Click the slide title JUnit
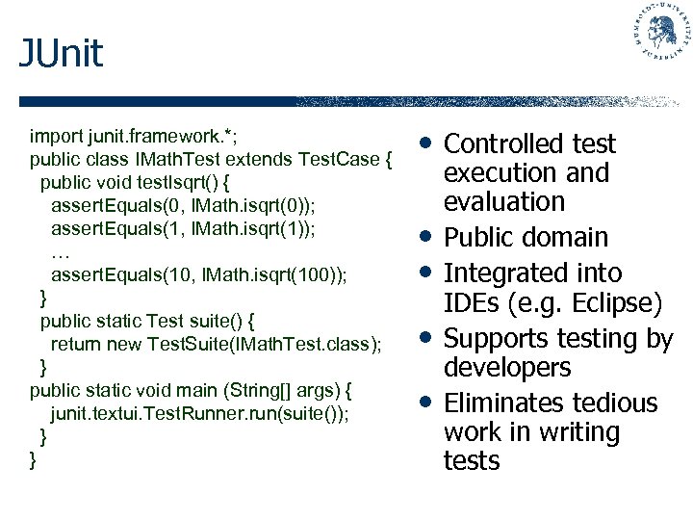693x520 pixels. pyautogui.click(x=61, y=54)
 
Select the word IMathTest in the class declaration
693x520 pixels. pyautogui.click(x=170, y=158)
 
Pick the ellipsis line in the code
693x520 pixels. pyautogui.click(x=60, y=253)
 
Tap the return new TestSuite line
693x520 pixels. pyautogui.click(x=216, y=344)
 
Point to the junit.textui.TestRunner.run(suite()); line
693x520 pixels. pyautogui.click(x=200, y=413)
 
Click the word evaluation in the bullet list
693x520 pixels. pyautogui.click(x=503, y=202)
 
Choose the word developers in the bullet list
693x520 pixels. pyautogui.click(x=507, y=368)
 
